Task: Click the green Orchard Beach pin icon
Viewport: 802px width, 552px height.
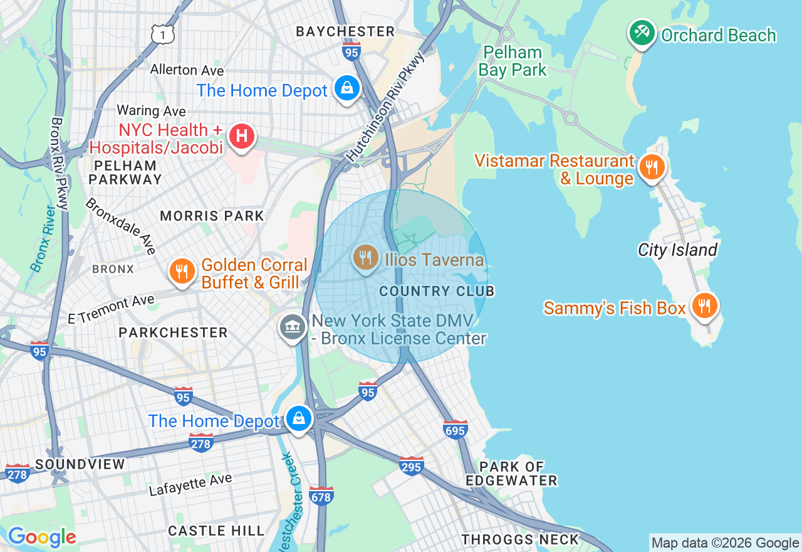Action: click(x=642, y=33)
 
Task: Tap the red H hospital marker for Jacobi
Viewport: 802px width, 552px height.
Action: click(x=241, y=136)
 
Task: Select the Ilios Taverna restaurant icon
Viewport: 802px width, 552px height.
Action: click(x=365, y=257)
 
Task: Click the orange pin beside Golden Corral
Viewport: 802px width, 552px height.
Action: click(x=182, y=271)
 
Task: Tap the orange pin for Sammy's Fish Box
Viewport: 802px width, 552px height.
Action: click(x=705, y=305)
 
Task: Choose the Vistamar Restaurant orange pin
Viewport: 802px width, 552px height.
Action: click(x=652, y=167)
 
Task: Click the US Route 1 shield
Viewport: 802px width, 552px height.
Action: click(x=162, y=34)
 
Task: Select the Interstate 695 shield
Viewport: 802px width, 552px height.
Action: click(x=455, y=429)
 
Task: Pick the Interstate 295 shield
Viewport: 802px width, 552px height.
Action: click(x=411, y=465)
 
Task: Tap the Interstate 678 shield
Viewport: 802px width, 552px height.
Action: click(x=321, y=496)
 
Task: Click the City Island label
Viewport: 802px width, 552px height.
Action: click(x=677, y=250)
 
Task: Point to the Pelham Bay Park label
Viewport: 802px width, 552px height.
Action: click(x=513, y=61)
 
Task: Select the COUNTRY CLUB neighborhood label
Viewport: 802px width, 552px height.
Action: click(x=437, y=291)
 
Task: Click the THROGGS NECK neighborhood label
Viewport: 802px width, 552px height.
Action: click(x=520, y=539)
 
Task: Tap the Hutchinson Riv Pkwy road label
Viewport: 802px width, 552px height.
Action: click(x=387, y=107)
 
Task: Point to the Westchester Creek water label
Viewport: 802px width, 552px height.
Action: click(x=293, y=502)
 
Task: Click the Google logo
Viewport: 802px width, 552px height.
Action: click(x=42, y=537)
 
